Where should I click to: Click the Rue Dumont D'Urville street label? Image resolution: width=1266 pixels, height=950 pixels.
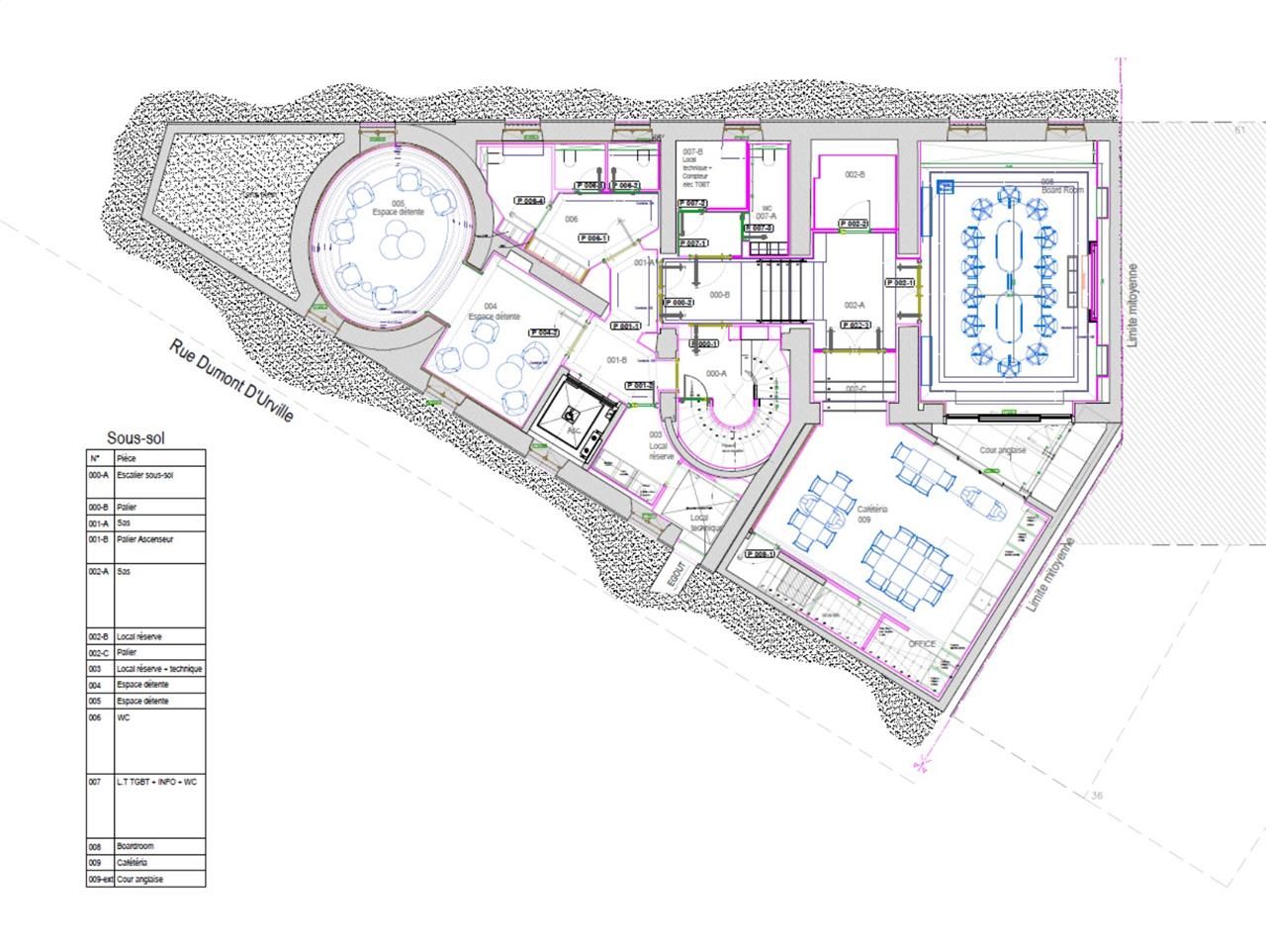(x=232, y=383)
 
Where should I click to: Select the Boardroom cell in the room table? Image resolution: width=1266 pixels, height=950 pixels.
(x=135, y=846)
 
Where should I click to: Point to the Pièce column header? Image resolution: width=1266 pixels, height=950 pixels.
(x=127, y=459)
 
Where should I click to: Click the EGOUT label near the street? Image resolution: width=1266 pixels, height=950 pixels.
(x=674, y=579)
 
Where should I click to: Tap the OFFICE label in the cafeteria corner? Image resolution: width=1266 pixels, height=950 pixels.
(x=922, y=644)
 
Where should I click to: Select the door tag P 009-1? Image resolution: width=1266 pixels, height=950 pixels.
(x=761, y=554)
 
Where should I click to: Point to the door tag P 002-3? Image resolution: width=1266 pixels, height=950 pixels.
(x=855, y=326)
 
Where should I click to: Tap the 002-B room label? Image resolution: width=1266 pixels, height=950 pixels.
(x=855, y=174)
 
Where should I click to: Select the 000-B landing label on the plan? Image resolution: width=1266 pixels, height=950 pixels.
(x=719, y=294)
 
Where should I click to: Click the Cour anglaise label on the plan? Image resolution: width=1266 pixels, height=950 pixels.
(x=1002, y=450)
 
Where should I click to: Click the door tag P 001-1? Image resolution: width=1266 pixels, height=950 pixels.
(x=626, y=326)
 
